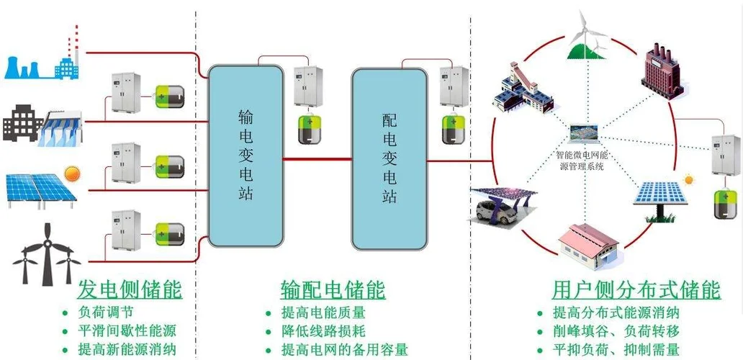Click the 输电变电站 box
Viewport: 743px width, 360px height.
(x=246, y=155)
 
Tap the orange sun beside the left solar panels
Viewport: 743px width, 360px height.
(x=71, y=174)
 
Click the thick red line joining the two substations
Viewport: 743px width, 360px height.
(x=317, y=158)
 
